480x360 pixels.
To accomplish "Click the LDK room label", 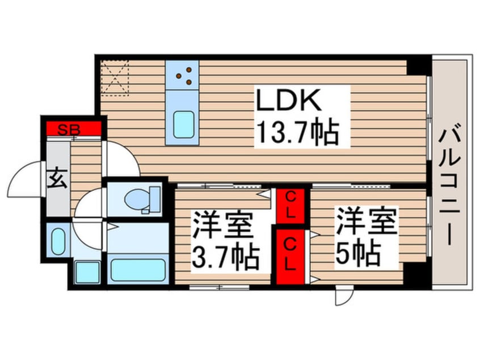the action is (x=289, y=99).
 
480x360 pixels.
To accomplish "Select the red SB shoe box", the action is (x=73, y=128).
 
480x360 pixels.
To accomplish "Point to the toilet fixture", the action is (x=142, y=199).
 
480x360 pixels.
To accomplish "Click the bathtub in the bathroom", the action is (x=138, y=270).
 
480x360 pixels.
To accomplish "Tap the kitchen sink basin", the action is (x=183, y=125).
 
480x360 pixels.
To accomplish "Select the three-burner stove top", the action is (x=182, y=75).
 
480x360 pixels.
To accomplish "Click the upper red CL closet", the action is (x=290, y=206).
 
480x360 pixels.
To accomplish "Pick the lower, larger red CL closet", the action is (x=290, y=257).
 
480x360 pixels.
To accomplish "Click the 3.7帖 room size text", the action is (x=225, y=257).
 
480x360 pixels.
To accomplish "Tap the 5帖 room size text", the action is (x=359, y=254).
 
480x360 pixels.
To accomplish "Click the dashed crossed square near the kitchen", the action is (x=115, y=78).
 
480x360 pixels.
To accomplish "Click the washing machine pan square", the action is (x=87, y=272).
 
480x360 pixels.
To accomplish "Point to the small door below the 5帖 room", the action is (x=344, y=296).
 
